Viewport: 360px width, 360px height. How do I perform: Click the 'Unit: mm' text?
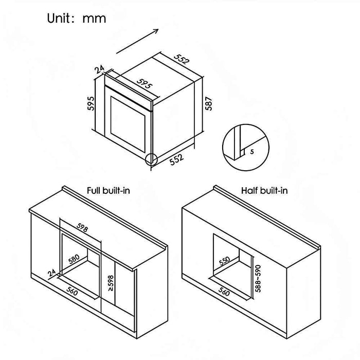77,19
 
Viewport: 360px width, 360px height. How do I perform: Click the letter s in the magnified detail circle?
251,152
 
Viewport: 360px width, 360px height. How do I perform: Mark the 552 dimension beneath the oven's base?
176,160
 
